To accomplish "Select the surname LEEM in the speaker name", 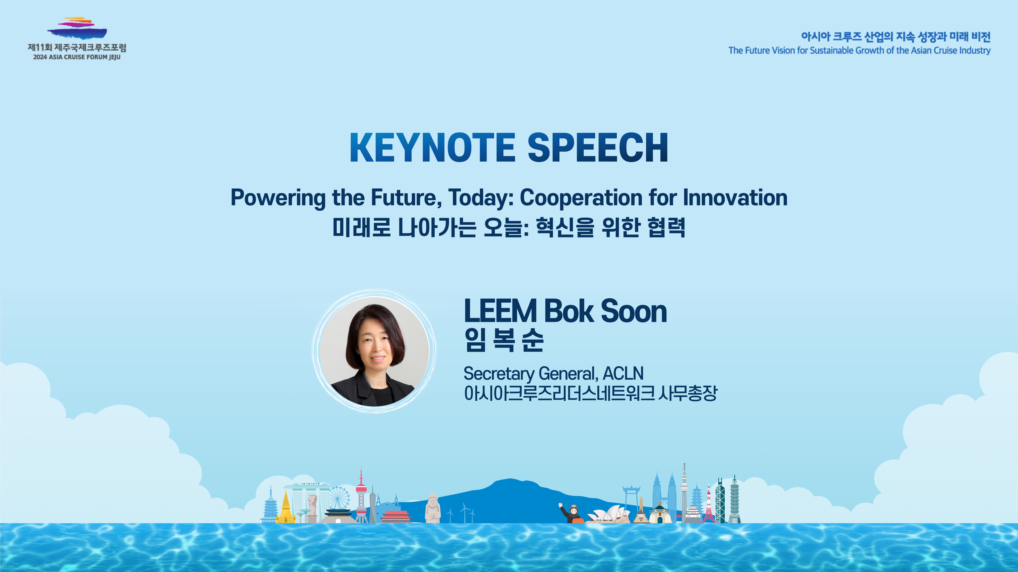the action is click(501, 311).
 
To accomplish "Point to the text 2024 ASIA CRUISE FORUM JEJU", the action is click(77, 57).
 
